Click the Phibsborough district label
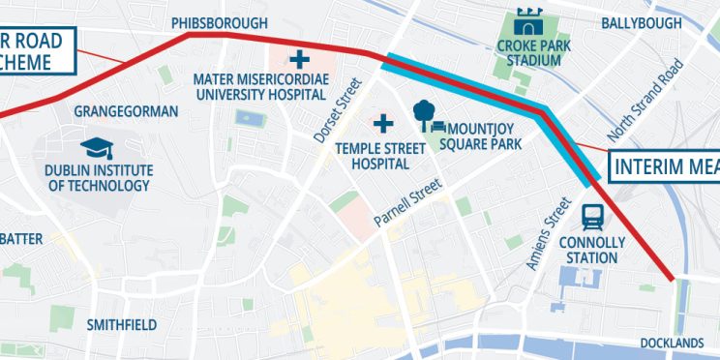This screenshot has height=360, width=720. (219, 22)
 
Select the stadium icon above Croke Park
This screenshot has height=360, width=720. (528, 20)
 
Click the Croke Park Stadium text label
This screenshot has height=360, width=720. (528, 52)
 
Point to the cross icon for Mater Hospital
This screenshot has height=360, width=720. (300, 56)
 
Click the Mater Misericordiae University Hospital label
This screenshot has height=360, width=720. (258, 86)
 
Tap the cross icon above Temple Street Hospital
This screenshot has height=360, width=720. (384, 123)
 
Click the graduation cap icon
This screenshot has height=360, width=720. (97, 147)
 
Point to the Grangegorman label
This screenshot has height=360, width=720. (126, 111)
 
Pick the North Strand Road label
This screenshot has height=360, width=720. (646, 100)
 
